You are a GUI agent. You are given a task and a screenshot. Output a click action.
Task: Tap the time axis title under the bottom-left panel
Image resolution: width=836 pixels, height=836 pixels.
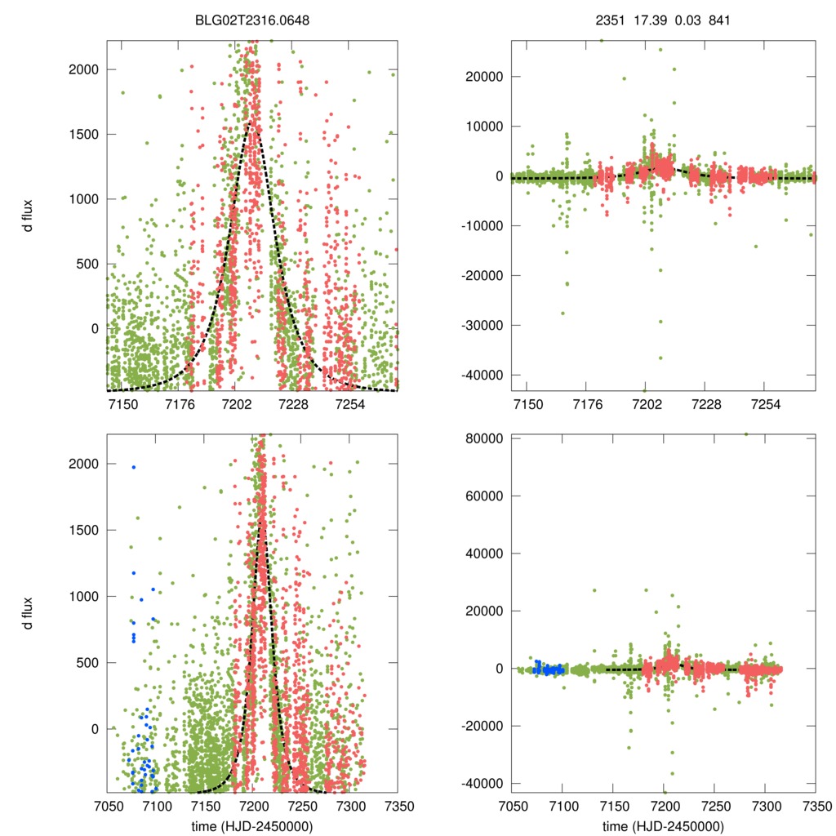[252, 825]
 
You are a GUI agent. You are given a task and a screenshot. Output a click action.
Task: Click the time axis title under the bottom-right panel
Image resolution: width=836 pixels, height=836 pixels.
[663, 825]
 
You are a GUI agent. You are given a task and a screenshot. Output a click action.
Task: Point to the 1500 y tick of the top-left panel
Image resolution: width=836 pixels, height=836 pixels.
[84, 135]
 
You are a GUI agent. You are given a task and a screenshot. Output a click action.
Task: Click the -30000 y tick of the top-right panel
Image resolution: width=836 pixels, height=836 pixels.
[484, 325]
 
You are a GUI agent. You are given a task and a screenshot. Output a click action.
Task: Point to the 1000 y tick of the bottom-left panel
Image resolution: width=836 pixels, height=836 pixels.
[84, 597]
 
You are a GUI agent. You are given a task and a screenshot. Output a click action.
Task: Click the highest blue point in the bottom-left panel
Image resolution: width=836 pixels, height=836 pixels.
[133, 467]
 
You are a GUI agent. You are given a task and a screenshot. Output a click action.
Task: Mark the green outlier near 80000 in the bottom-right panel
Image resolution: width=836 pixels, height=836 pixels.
[745, 434]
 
